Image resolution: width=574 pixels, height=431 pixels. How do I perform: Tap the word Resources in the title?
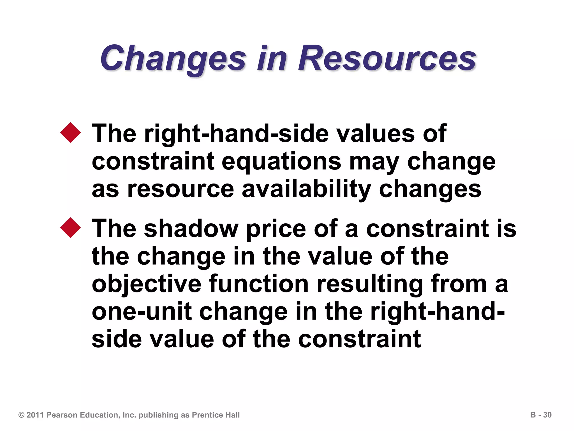[x=387, y=59]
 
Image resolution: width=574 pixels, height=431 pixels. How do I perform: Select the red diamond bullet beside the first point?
[x=70, y=133]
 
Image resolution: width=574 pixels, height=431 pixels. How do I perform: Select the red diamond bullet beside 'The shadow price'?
[x=70, y=228]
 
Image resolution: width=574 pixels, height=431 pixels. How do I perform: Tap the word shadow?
[x=191, y=229]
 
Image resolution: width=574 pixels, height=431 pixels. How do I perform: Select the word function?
[x=259, y=284]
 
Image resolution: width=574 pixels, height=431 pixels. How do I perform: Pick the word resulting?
[x=370, y=284]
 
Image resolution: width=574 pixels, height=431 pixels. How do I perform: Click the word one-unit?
[x=142, y=311]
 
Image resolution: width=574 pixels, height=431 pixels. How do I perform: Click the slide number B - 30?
[x=541, y=415]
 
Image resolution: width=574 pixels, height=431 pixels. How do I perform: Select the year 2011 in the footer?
[x=35, y=415]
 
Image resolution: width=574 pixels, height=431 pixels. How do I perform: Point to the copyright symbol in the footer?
[x=21, y=415]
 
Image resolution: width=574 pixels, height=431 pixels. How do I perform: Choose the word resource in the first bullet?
[x=180, y=189]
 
